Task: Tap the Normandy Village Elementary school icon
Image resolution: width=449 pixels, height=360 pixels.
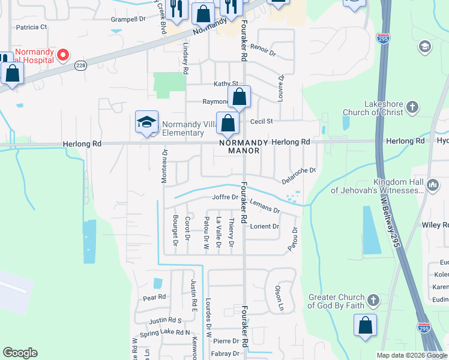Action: coord(146,122)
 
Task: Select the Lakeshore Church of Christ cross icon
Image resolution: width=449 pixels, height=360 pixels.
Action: coord(412,107)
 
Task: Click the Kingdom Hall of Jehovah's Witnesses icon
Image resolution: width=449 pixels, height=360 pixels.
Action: coord(433,186)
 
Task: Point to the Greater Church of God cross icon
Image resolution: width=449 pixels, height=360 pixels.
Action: coord(373,300)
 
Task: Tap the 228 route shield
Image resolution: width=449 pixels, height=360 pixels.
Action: coord(80,65)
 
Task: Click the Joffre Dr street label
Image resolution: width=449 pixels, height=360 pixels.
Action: coord(226,198)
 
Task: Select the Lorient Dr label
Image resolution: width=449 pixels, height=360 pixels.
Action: coord(265,226)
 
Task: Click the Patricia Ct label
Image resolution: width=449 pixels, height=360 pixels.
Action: coord(31,27)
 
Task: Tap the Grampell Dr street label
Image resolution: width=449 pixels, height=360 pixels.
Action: coord(128,19)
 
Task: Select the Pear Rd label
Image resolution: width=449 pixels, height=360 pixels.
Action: coord(154,297)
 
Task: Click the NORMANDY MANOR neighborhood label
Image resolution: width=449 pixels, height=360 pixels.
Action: coord(239,146)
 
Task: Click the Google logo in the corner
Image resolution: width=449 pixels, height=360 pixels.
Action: coord(20,353)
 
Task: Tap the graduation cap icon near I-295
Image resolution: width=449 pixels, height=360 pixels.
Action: coord(425,47)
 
